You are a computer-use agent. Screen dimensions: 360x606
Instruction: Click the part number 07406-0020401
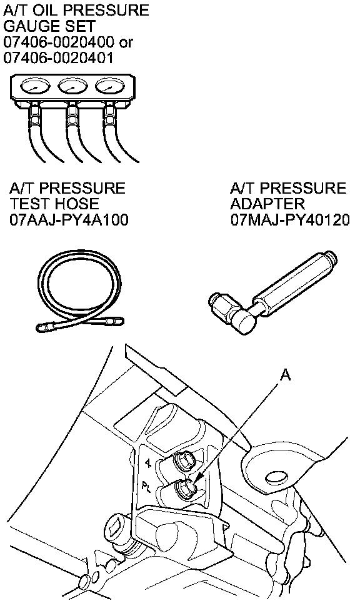pos(58,57)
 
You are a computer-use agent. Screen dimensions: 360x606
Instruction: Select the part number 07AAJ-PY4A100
pos(69,220)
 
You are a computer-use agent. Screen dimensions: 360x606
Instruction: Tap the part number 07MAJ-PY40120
pos(290,220)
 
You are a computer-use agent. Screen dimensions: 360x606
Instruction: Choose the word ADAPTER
pos(267,204)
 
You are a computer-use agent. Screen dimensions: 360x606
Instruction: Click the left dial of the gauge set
pos(35,87)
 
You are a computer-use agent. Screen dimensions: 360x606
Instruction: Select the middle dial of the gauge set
pos(72,87)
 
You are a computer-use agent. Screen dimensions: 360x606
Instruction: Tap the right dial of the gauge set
pos(110,87)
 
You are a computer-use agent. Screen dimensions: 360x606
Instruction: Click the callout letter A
pos(285,374)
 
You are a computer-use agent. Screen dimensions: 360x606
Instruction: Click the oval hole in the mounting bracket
pos(277,477)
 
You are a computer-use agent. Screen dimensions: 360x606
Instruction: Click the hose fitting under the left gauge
pos(34,114)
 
